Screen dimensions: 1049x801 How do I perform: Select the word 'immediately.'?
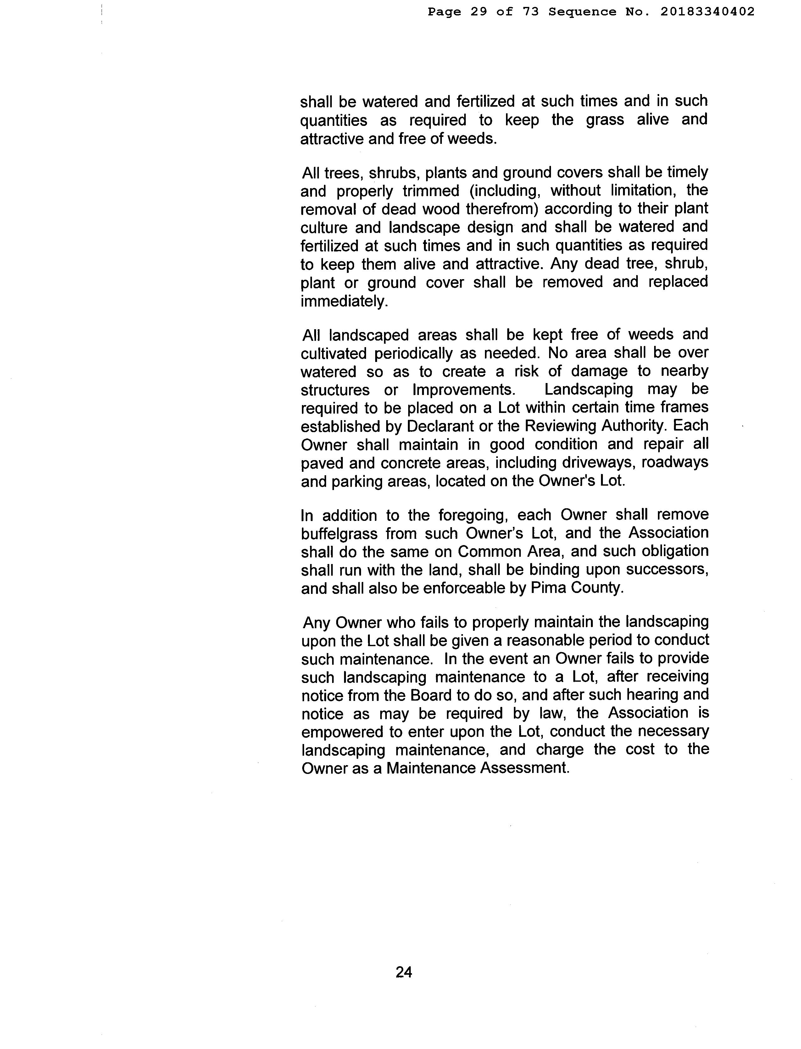pos(344,302)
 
